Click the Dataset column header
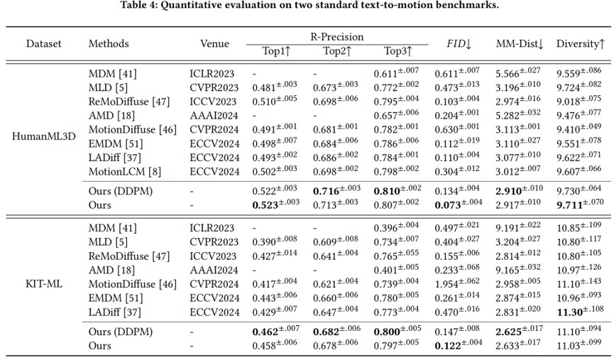(44, 43)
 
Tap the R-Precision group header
(336, 36)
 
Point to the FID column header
(458, 43)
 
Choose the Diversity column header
(580, 43)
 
